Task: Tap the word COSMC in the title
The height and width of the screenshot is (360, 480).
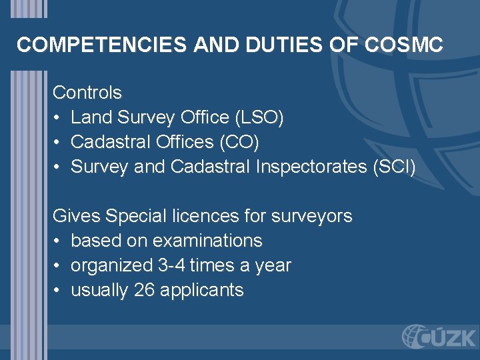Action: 404,45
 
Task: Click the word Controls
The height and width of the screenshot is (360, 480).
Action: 87,92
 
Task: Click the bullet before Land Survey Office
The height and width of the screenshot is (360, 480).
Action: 58,118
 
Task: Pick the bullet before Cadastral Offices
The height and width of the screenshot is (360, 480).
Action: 58,143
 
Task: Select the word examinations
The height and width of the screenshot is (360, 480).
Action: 207,241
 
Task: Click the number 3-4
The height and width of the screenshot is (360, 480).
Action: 171,265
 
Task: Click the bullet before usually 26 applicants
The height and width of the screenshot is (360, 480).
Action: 58,291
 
